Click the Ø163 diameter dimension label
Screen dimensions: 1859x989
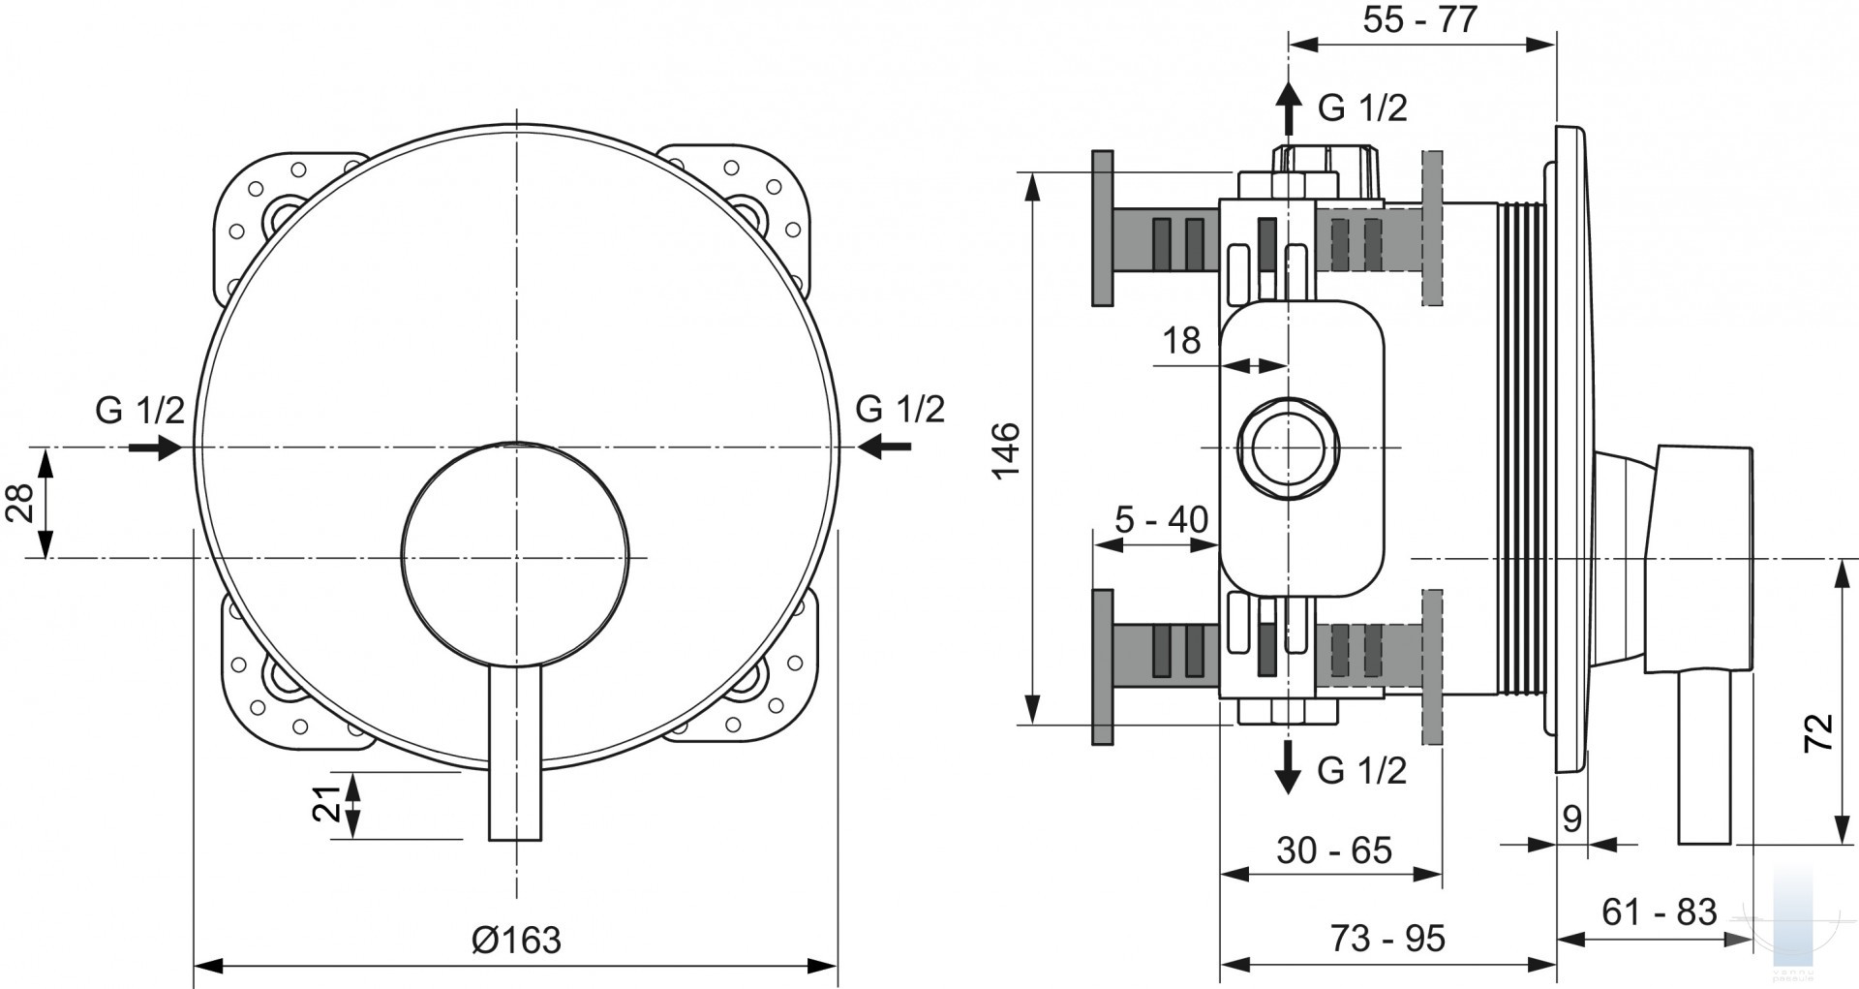[516, 939]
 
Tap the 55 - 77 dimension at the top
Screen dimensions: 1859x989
[1420, 19]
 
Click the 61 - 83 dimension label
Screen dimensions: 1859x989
[1659, 912]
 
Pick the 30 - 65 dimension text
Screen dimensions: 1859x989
[1333, 850]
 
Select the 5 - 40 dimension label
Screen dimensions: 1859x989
[1161, 520]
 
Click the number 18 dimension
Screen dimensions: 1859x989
[1181, 340]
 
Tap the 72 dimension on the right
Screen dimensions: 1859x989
[1819, 732]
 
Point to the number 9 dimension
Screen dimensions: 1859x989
[1572, 819]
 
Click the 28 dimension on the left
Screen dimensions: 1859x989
[21, 502]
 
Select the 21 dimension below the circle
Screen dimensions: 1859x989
[327, 803]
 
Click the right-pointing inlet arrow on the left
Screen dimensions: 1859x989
[156, 447]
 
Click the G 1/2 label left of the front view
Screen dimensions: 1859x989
[139, 410]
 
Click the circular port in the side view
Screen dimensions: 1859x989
[1288, 448]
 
